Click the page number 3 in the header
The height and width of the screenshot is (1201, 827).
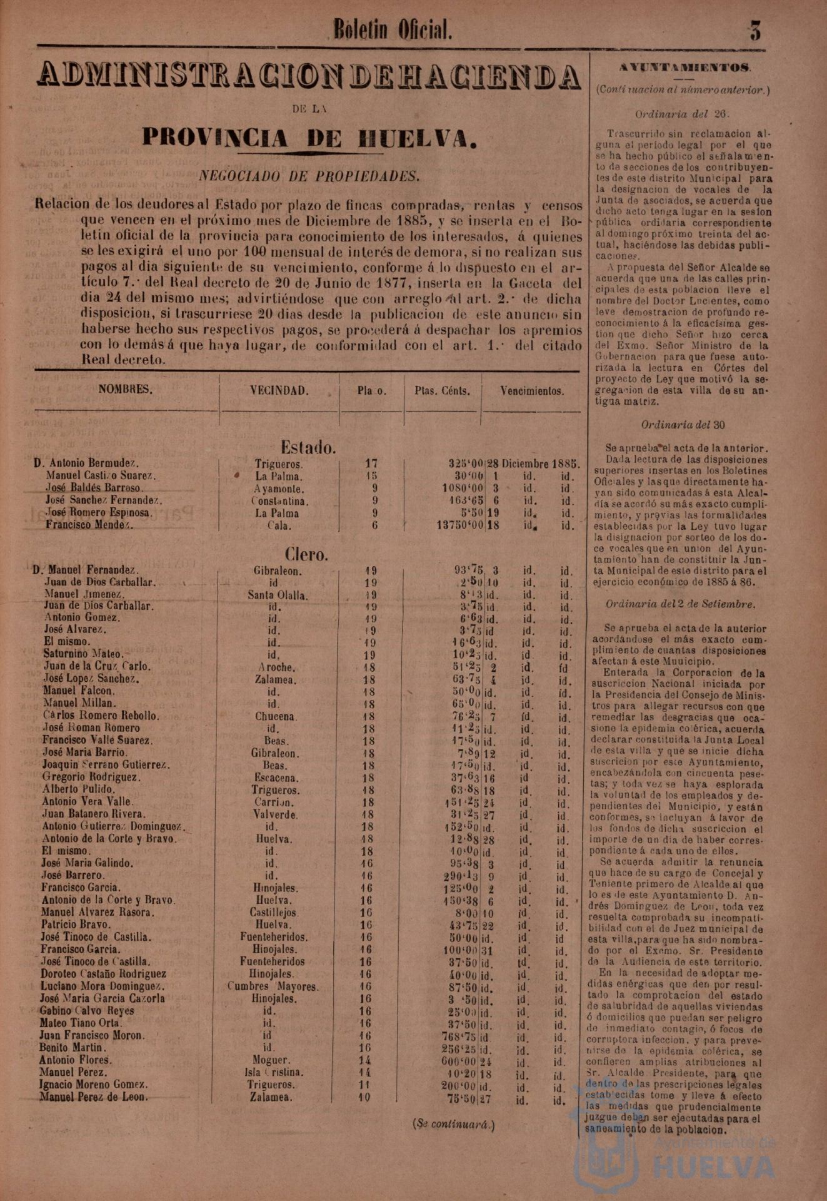pos(755,30)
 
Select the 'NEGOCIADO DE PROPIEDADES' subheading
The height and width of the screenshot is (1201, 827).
pos(309,176)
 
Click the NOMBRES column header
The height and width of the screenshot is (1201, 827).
pos(125,390)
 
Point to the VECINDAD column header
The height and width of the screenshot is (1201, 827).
pos(279,391)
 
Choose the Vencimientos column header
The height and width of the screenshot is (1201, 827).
pos(532,391)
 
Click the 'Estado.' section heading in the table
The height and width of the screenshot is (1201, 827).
pos(308,447)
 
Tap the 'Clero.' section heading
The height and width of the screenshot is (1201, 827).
pos(306,554)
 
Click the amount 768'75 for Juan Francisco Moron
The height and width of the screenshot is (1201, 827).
pos(460,1036)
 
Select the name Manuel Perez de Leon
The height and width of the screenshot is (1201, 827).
pos(94,1097)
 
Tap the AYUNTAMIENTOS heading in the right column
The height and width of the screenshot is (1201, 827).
pos(685,68)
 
